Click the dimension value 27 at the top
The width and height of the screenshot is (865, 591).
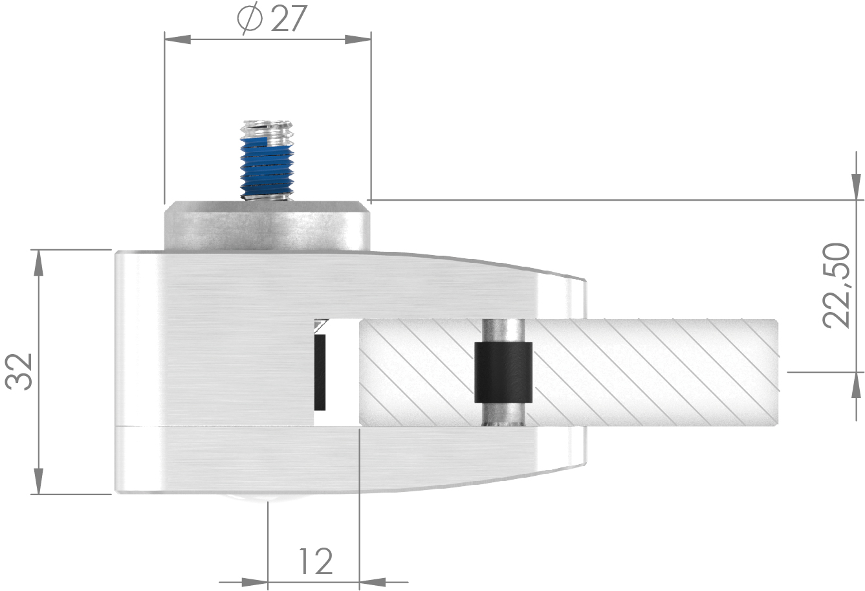(287, 19)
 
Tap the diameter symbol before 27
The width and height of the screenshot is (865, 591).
(250, 19)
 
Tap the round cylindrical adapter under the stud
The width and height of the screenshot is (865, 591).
(267, 226)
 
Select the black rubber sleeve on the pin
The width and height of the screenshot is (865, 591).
(503, 372)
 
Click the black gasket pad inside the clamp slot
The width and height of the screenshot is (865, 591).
(320, 372)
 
